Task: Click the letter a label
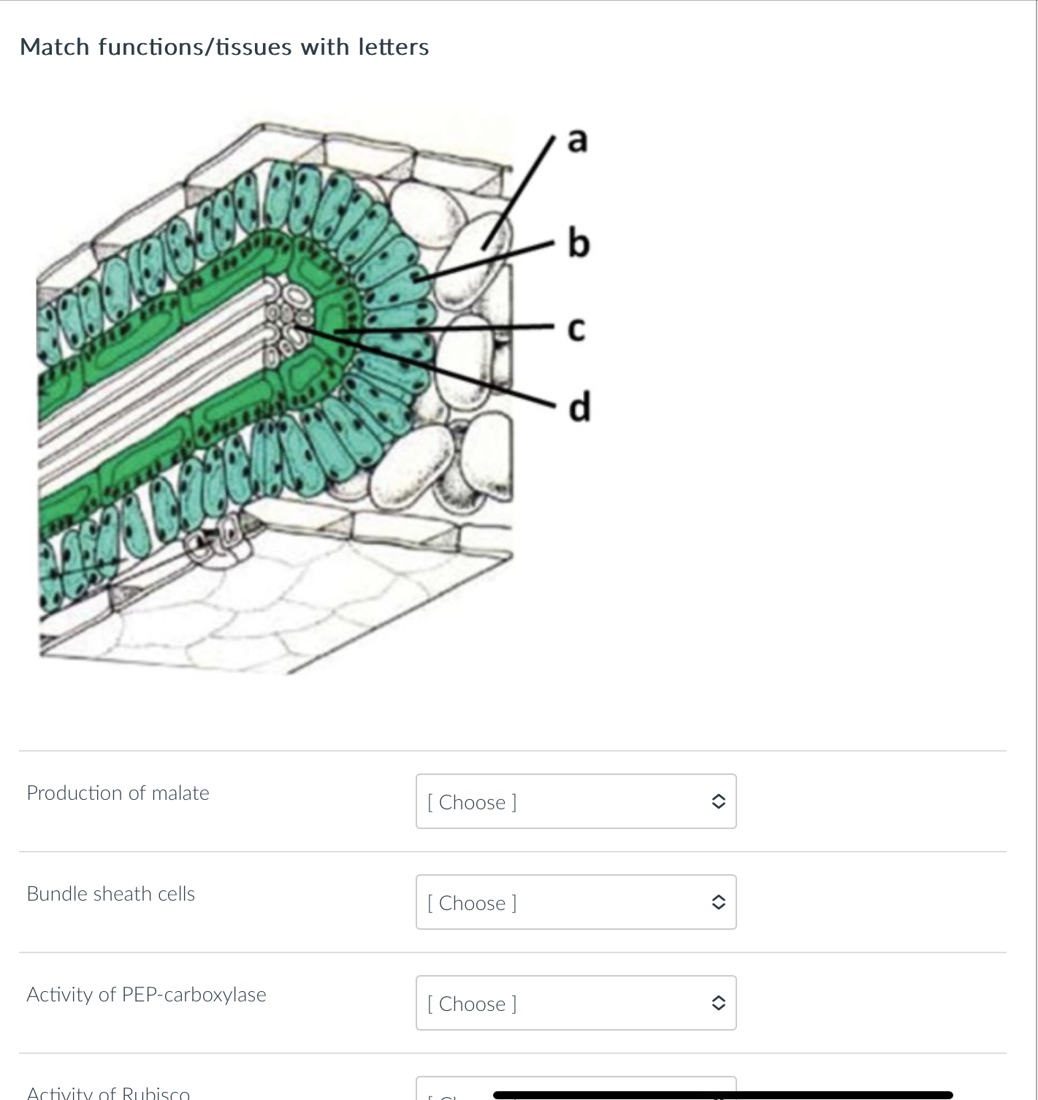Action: (x=577, y=140)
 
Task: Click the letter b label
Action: (x=578, y=242)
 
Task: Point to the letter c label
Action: (x=576, y=330)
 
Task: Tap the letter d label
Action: (x=579, y=406)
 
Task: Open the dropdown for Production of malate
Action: (x=576, y=801)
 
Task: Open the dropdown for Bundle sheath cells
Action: (x=576, y=902)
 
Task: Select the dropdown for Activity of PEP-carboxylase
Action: (x=576, y=1003)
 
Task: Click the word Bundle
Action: (x=57, y=894)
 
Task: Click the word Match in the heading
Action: (x=55, y=47)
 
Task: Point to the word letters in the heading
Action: (x=393, y=47)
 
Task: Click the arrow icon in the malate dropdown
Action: (x=718, y=801)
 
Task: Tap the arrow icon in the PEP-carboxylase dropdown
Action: (x=718, y=1003)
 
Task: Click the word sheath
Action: (x=123, y=894)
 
